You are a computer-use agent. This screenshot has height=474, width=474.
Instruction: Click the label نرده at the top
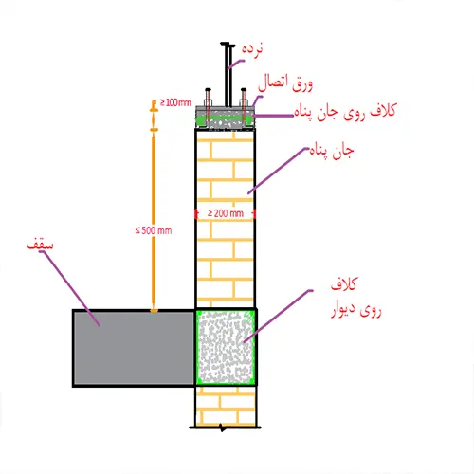point(252,50)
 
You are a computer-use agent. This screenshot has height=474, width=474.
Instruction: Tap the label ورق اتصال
point(285,83)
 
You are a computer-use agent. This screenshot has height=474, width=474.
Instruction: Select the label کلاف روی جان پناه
point(345,112)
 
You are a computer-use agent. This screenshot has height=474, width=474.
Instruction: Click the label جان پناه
point(332,151)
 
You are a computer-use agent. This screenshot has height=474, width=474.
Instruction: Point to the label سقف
point(40,245)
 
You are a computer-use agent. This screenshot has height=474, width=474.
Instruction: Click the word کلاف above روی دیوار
point(344,284)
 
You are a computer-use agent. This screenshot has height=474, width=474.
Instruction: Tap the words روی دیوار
point(356,310)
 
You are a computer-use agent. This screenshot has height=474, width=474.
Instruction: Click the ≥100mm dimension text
point(175,102)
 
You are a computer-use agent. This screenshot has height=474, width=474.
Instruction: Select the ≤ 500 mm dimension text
point(154,230)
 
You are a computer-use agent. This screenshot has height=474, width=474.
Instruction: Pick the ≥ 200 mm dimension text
point(226,213)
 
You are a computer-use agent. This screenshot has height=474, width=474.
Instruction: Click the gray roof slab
point(134,348)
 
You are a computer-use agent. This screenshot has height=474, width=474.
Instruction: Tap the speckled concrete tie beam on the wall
point(226,347)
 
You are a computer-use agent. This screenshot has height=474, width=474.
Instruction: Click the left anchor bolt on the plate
point(208,107)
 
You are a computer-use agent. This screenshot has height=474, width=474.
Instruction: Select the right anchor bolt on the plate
point(244,107)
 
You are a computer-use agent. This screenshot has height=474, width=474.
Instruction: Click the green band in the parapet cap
point(225,119)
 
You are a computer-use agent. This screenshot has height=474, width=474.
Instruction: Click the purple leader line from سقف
point(72,288)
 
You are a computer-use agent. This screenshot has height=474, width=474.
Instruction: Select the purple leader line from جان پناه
point(277,171)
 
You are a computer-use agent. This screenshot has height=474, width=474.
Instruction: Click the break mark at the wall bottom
point(223,428)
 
